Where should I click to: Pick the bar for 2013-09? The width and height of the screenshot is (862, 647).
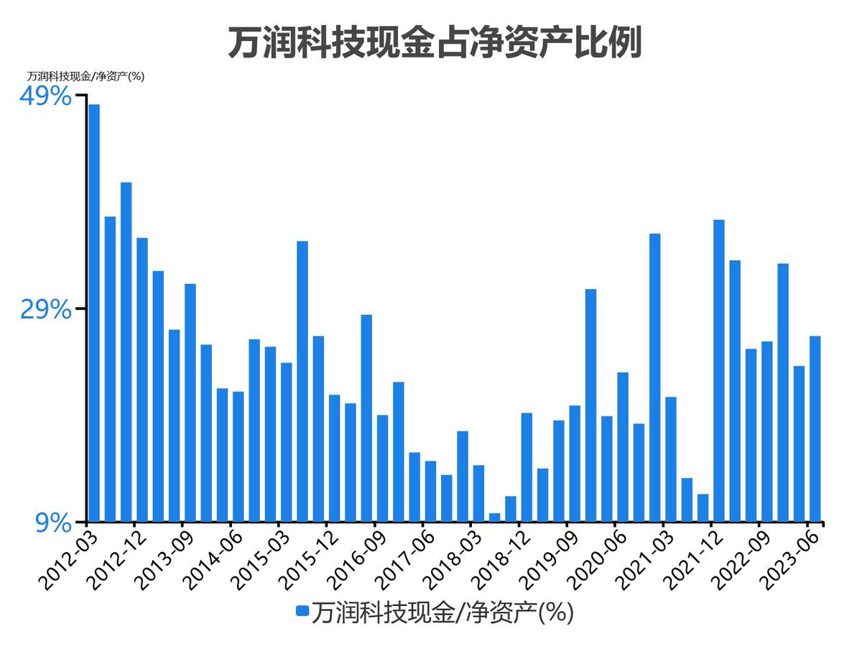(x=190, y=403)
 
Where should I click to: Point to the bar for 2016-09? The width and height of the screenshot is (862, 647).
(x=383, y=468)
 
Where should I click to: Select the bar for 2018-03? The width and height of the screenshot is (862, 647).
(x=478, y=493)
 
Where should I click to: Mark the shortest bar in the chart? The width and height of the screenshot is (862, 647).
(x=495, y=517)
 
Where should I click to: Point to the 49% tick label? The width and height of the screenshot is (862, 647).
(x=45, y=96)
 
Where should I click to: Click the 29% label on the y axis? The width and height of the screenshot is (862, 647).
(x=45, y=310)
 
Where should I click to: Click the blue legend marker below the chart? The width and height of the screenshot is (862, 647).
(x=302, y=612)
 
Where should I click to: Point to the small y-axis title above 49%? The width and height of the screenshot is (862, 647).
(x=86, y=76)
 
